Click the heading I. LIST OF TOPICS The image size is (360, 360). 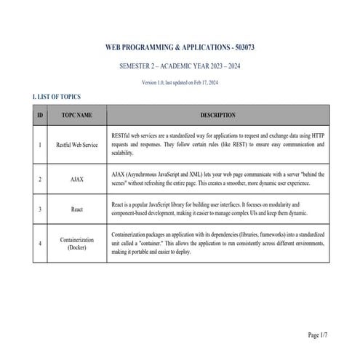(x=57, y=97)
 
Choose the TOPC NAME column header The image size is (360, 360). (x=77, y=115)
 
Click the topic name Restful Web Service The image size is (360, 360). (x=77, y=145)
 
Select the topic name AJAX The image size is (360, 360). (x=77, y=179)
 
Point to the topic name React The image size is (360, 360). (x=77, y=209)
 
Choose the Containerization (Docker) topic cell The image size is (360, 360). (x=77, y=243)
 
